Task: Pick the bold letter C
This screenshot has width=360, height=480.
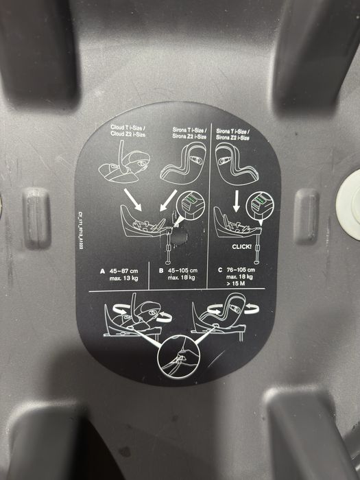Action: tap(219, 269)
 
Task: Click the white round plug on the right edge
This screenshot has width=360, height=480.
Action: tap(350, 201)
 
